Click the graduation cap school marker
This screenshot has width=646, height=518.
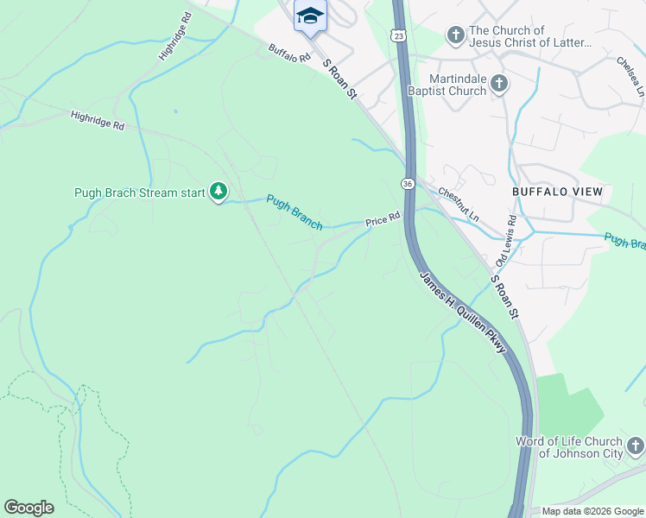pyautogui.click(x=310, y=16)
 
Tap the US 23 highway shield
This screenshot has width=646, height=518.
pyautogui.click(x=396, y=34)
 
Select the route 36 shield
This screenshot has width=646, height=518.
pyautogui.click(x=407, y=183)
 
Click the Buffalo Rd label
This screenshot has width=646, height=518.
pyautogui.click(x=288, y=54)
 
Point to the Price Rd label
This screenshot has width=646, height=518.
pyautogui.click(x=383, y=219)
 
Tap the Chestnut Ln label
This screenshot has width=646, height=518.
pyautogui.click(x=457, y=204)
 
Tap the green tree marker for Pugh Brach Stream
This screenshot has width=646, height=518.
pyautogui.click(x=219, y=191)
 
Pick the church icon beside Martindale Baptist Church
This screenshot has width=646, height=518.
pyautogui.click(x=497, y=84)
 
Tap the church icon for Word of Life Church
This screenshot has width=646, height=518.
pyautogui.click(x=635, y=446)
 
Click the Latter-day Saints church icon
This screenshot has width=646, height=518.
pyautogui.click(x=455, y=35)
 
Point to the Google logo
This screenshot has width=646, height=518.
pyautogui.click(x=28, y=508)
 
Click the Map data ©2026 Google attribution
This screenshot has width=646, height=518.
pyautogui.click(x=592, y=511)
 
